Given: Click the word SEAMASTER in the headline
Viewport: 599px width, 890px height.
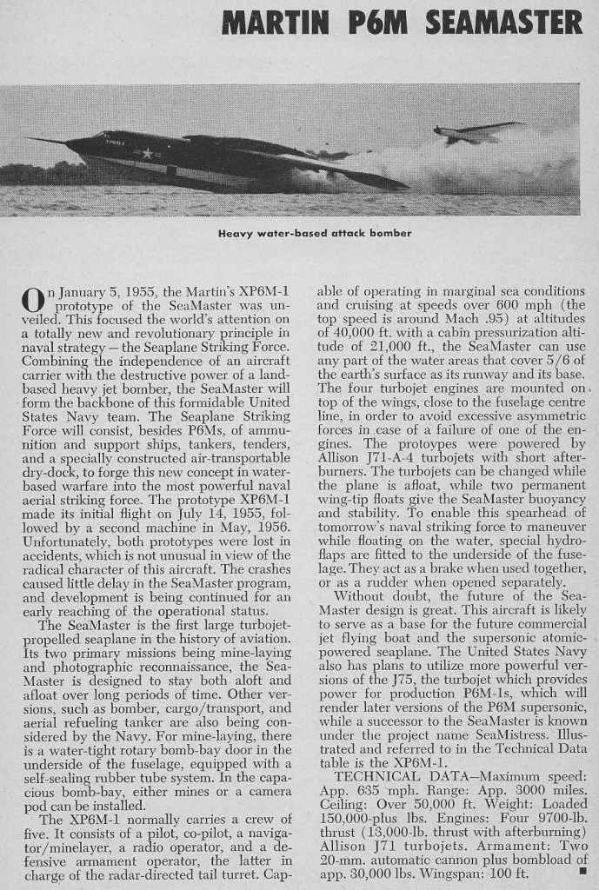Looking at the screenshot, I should (x=503, y=23).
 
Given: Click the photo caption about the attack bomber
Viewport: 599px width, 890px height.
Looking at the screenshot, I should (x=314, y=233).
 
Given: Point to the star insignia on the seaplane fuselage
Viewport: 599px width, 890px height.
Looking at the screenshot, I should (x=147, y=154).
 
